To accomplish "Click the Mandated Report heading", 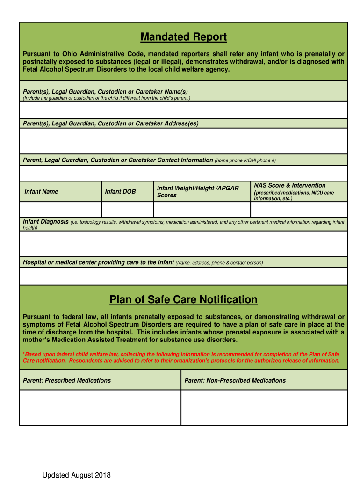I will pos(183,37).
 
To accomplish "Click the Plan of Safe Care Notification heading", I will pos(183,299).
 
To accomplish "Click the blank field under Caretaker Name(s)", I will pos(183,110).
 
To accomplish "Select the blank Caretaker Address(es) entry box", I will pos(183,141).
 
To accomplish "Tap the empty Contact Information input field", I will pos(183,173).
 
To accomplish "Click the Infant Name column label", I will pos(42,192).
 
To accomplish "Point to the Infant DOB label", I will pos(120,192).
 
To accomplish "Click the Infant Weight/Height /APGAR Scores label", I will pos(198,191).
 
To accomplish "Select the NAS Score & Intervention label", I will pos(290,186).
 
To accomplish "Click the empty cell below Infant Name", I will pos(60,209).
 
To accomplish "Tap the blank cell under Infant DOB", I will pos(127,209).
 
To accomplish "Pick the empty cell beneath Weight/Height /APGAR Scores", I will pos(202,209).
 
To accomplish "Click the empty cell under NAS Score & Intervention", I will pos(299,209).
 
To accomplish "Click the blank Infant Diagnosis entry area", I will pos(183,244).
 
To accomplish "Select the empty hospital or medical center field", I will pos(183,276).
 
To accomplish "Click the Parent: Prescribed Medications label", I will pos(67,380).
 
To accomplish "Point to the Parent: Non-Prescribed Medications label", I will pos(235,380).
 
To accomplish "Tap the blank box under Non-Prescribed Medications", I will pos(264,407).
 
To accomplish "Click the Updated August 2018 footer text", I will pos(77,475).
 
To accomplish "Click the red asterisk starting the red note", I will pos(24,354).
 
